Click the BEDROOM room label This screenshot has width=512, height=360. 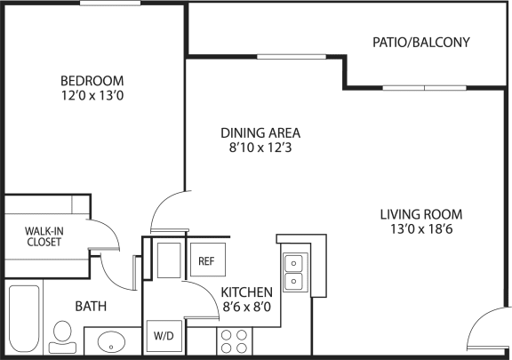coord(92,81)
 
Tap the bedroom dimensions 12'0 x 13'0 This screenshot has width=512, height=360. coord(92,96)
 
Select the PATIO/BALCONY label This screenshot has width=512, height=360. coord(421,43)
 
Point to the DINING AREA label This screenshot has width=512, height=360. coord(260,133)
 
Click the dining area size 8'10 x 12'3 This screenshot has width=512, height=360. coord(260,148)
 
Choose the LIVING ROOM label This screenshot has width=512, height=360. coord(421,214)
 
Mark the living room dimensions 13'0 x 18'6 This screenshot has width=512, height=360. coord(421,229)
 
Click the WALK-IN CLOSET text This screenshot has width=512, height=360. coord(44,236)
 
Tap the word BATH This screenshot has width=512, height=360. coord(91,306)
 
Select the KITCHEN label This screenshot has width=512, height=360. coord(246,292)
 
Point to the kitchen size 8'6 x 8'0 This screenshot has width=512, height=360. coord(246,307)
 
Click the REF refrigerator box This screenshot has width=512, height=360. coord(208,260)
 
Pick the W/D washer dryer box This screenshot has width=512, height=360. coord(164,336)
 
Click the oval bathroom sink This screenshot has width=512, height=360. coord(111,342)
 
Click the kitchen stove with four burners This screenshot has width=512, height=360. coord(234,341)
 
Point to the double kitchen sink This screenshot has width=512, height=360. coord(293,272)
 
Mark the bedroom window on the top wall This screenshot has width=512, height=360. coord(110,4)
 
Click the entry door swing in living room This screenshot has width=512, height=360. coord(487,327)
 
